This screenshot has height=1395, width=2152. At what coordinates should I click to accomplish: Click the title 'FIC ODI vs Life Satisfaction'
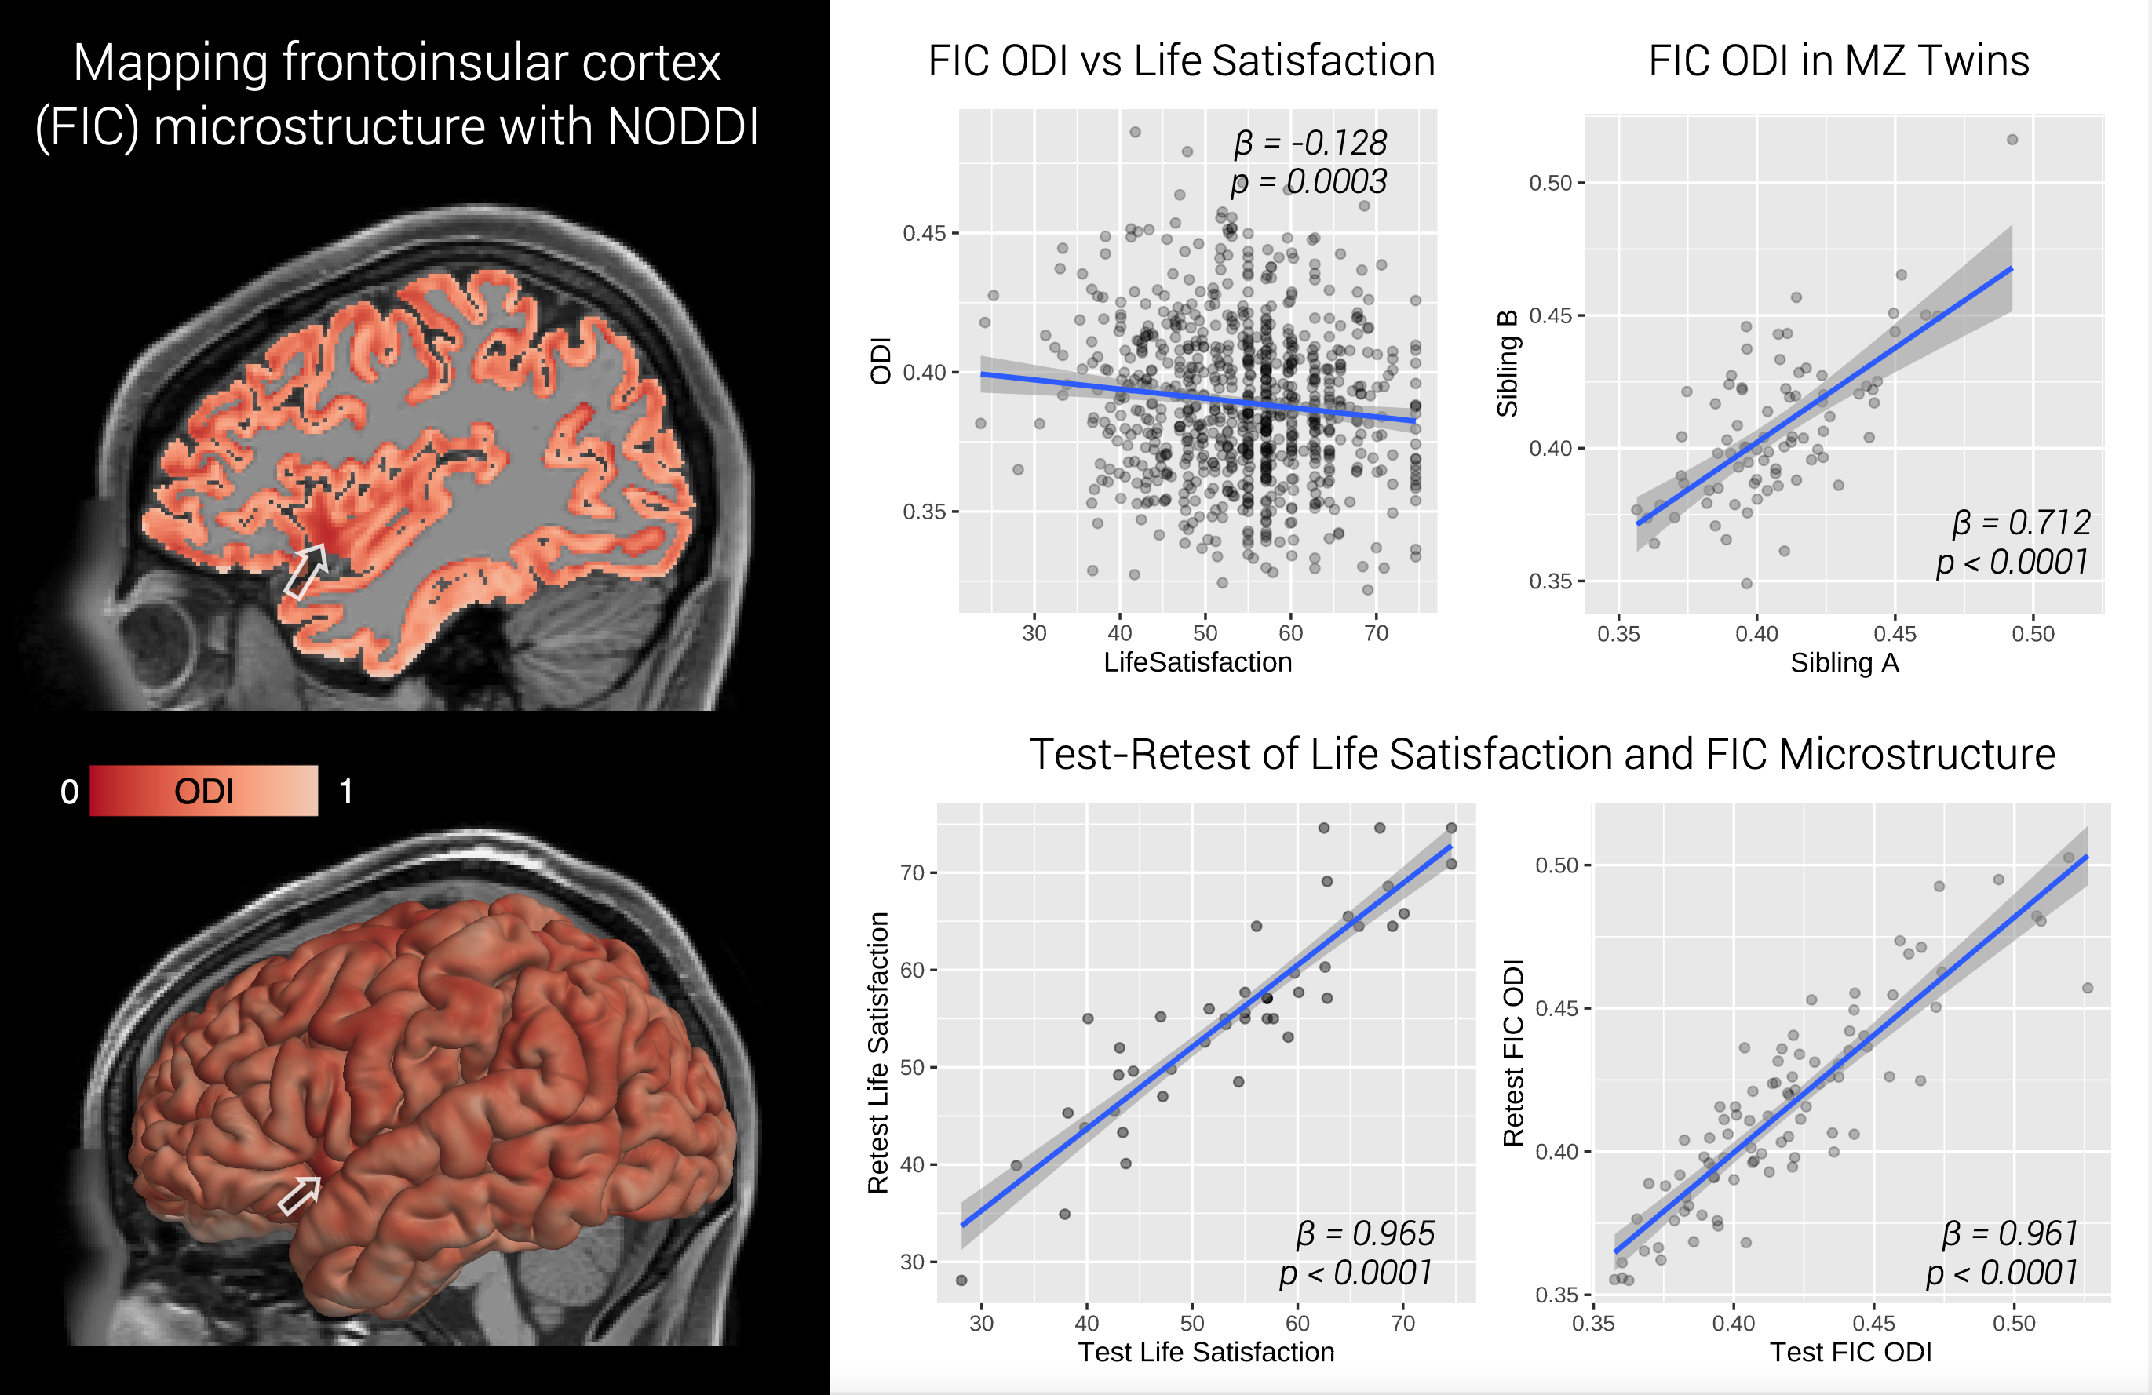(x=1181, y=61)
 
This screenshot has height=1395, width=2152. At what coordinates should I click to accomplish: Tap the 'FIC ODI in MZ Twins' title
(x=1838, y=61)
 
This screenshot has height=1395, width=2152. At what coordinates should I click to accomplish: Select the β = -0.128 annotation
(x=1310, y=143)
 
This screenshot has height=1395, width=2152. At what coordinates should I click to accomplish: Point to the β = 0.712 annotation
(x=2021, y=523)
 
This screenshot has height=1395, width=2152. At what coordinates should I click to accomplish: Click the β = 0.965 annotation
(x=1366, y=1233)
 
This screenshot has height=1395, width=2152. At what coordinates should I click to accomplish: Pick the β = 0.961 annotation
(x=2010, y=1233)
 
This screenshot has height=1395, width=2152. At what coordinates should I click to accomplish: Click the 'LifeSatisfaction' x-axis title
(x=1197, y=663)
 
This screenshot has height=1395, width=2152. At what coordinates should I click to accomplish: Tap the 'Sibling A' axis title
(x=1844, y=664)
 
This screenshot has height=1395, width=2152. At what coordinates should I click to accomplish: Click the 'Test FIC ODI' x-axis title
(x=1850, y=1353)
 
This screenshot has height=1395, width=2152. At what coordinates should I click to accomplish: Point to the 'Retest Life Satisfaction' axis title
(x=878, y=1052)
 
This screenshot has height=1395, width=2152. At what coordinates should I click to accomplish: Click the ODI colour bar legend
(x=203, y=791)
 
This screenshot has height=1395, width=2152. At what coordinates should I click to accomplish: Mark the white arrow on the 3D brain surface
(x=299, y=1195)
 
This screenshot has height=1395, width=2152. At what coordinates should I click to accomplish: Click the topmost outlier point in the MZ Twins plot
(x=2012, y=139)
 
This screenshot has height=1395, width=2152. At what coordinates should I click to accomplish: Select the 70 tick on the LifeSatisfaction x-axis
(x=1375, y=634)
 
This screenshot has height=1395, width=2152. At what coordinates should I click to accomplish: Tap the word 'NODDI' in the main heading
(x=683, y=126)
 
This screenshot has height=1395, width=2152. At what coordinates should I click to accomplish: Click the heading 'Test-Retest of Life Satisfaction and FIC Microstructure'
(x=1541, y=754)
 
